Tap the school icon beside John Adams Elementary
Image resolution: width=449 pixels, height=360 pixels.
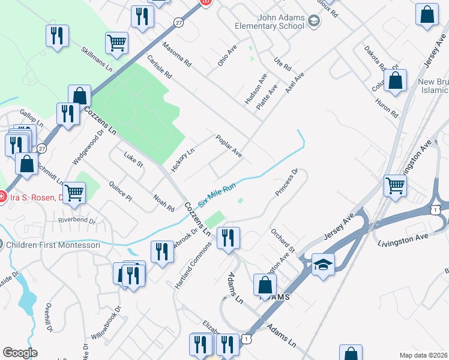[313, 22]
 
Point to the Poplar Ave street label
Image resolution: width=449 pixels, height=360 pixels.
[229, 146]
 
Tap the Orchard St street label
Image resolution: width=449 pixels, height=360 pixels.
[283, 240]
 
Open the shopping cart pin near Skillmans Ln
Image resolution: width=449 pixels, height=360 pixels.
[116, 43]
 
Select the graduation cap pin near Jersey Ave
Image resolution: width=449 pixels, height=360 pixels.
[323, 265]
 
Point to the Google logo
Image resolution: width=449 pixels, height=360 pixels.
[20, 353]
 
